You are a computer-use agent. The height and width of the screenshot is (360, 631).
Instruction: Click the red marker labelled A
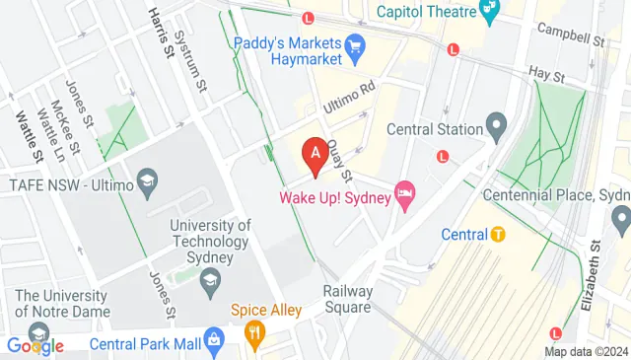coord(315,156)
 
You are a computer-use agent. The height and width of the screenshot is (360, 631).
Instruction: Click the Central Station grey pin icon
coord(497,128)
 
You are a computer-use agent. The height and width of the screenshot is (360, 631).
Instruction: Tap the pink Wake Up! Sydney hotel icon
coord(403,192)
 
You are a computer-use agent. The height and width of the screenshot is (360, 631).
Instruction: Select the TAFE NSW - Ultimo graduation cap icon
coord(146,182)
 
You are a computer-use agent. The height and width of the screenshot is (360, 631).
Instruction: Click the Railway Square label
coord(348,299)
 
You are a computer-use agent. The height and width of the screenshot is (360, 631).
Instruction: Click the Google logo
coord(34,345)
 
